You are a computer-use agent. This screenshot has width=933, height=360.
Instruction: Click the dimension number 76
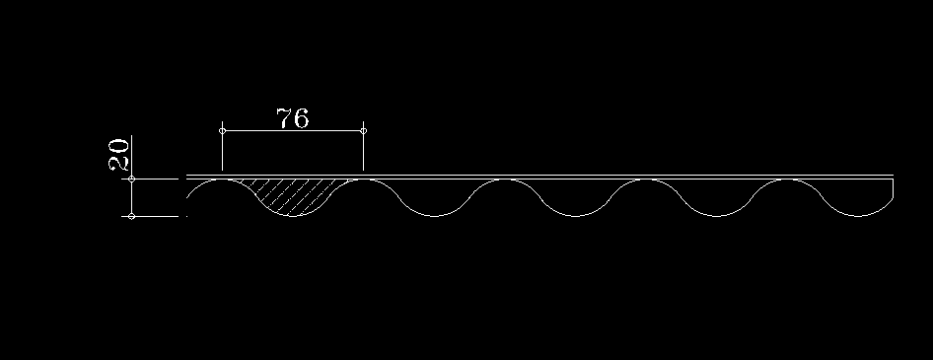coord(293,117)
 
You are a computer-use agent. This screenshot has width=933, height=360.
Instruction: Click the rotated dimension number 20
coord(118,155)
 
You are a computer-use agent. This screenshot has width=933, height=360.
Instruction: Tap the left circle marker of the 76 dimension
coord(223,131)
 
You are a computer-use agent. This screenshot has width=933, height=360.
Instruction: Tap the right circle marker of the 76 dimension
coord(364,131)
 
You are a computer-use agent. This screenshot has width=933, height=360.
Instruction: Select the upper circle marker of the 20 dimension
coord(131,179)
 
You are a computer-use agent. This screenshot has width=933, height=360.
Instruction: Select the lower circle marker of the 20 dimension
coord(131,217)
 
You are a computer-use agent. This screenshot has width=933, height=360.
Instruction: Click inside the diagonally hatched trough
coord(292,195)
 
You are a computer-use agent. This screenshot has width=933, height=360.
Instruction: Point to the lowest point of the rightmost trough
coord(858,217)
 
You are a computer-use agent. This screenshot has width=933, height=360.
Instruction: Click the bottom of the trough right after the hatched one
coord(434,217)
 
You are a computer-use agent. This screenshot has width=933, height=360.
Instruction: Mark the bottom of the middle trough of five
coord(575,217)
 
